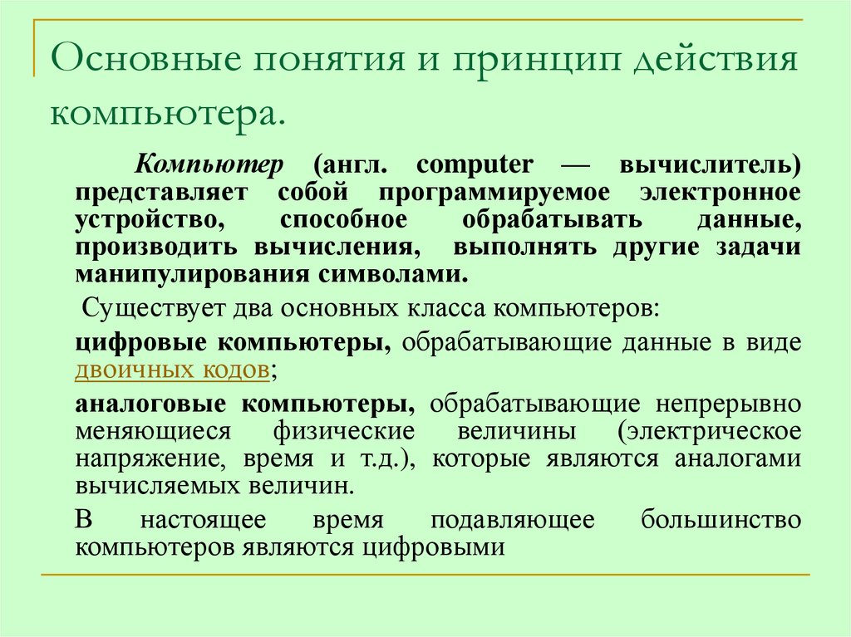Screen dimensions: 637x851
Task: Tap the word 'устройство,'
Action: [x=149, y=220]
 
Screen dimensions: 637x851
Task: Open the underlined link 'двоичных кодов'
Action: [x=171, y=370]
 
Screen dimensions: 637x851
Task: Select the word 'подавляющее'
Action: [x=513, y=521]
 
